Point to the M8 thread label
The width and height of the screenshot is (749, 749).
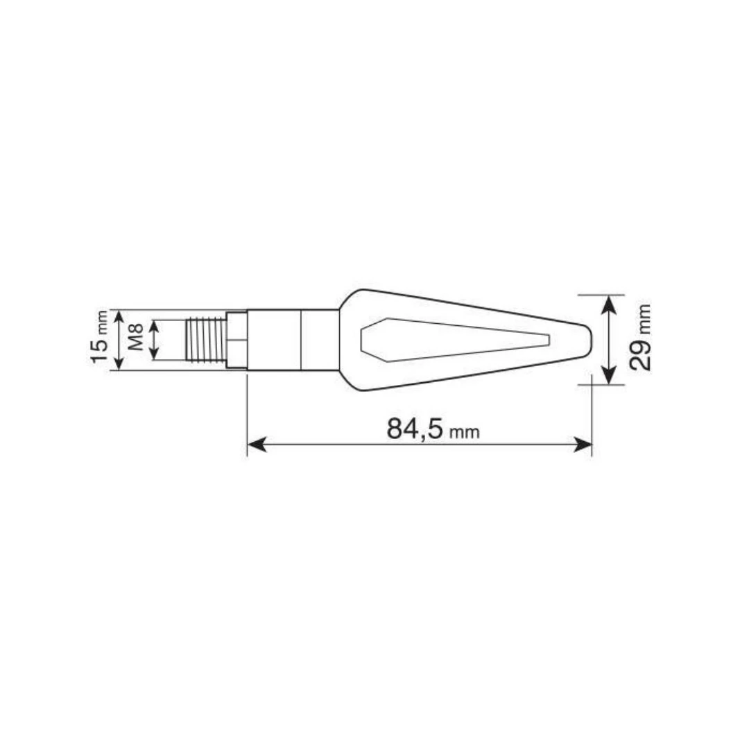click(136, 337)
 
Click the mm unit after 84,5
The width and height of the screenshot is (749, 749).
click(464, 432)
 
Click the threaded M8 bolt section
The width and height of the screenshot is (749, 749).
click(205, 340)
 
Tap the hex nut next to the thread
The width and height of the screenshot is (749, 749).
click(236, 340)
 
